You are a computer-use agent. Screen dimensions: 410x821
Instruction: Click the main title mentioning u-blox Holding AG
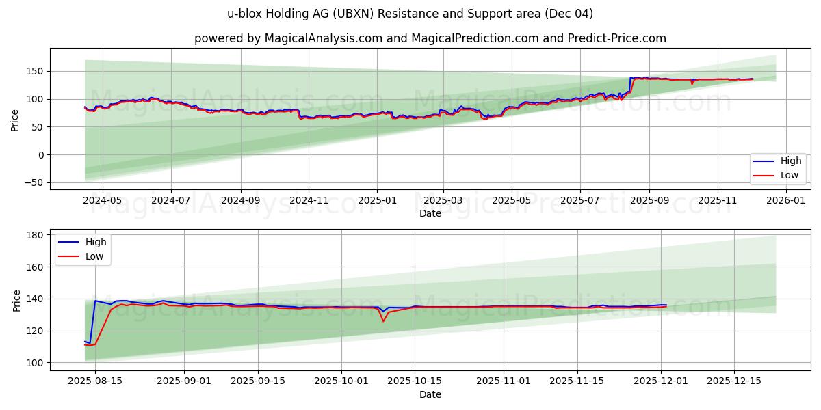410,14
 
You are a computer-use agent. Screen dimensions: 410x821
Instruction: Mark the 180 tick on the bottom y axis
35,235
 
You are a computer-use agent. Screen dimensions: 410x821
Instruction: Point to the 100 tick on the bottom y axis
35,363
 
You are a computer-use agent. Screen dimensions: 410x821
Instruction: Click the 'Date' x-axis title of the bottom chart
430,394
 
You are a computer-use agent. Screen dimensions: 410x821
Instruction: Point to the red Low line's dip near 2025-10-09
383,321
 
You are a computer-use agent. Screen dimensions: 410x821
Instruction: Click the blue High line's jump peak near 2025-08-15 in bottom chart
95,301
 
